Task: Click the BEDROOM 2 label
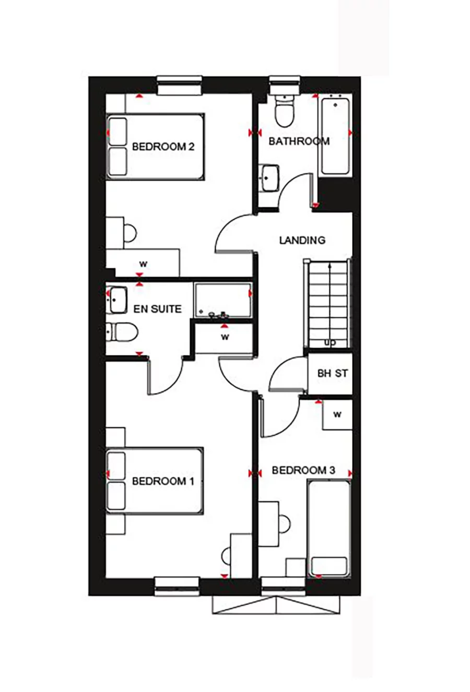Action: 163,147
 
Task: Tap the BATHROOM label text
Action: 299,141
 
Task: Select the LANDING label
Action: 302,240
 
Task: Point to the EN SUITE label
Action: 157,309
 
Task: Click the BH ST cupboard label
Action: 333,373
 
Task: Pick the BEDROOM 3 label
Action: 303,470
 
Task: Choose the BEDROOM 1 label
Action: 163,481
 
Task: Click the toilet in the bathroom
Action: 285,110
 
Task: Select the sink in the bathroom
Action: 271,178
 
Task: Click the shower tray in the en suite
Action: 222,300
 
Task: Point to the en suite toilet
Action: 122,332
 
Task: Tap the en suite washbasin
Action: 116,300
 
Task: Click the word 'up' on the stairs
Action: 330,342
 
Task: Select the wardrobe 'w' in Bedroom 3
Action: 337,414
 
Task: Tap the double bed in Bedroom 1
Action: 155,481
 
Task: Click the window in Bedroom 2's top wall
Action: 179,85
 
